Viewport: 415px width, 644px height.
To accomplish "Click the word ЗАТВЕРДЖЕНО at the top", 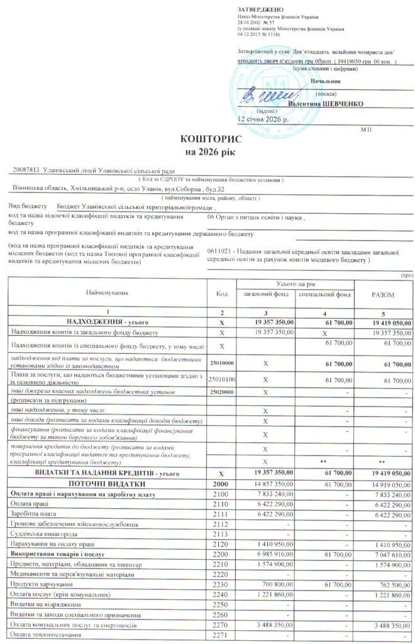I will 256,8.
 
